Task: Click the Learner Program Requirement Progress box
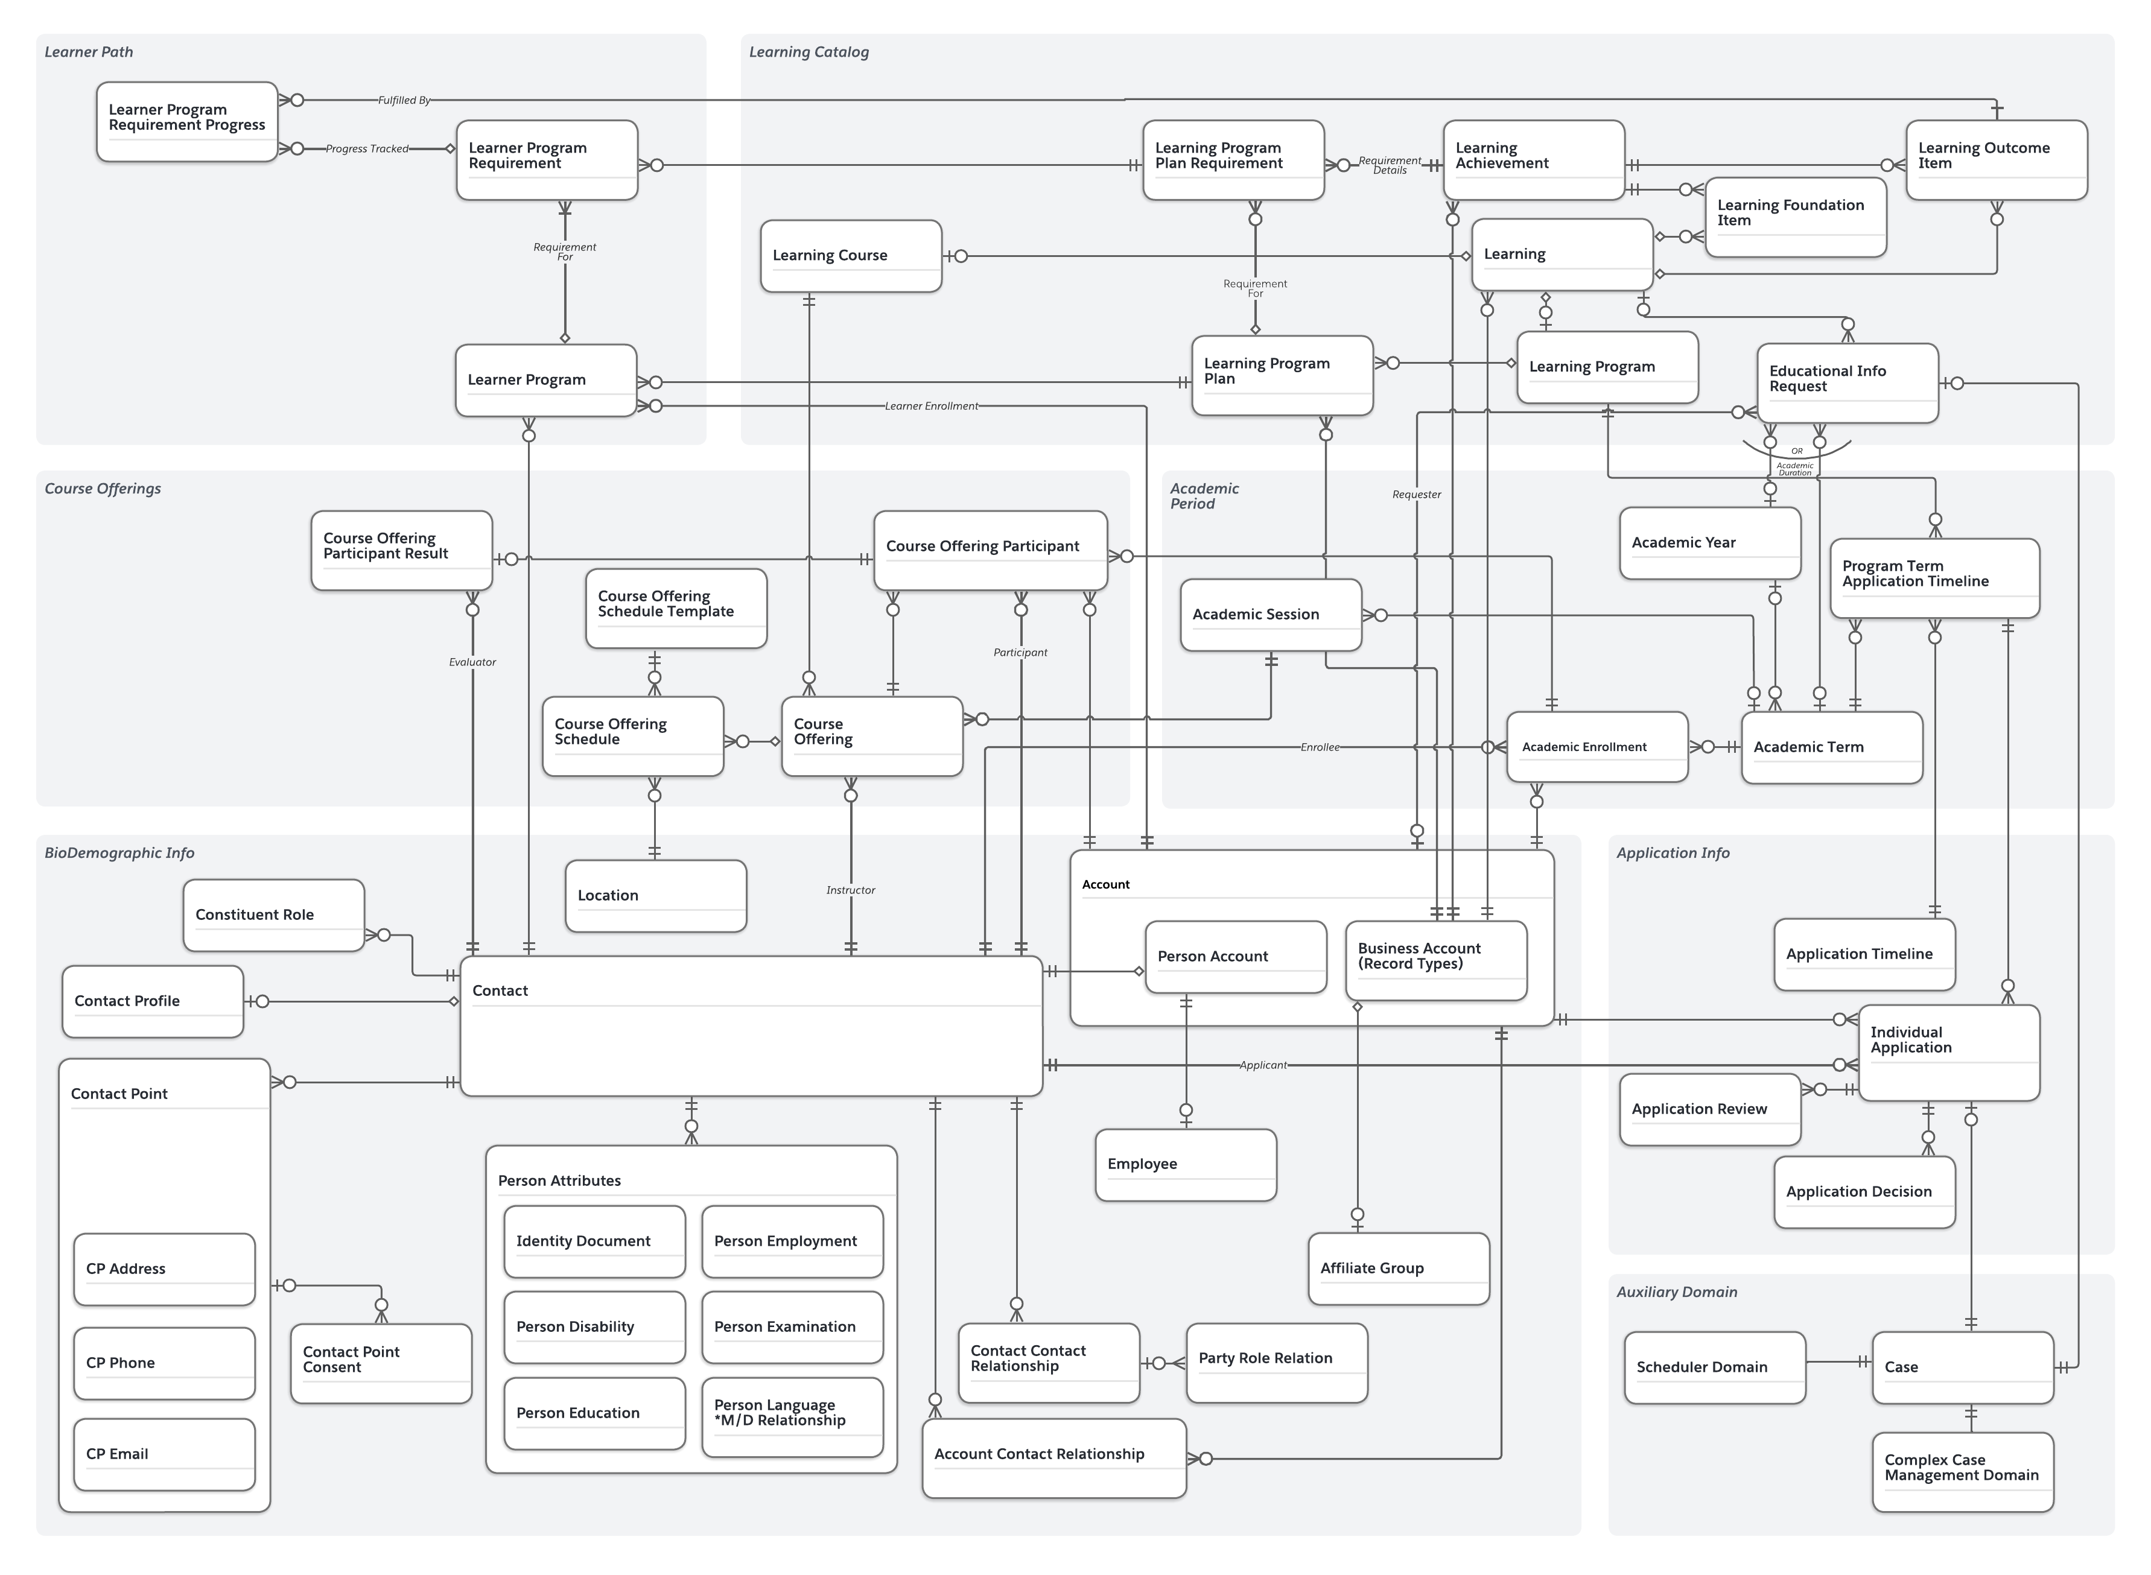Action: coord(187,121)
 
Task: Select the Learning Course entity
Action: coord(851,256)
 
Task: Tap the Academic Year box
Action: coord(1709,542)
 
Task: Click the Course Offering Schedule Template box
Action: coord(675,608)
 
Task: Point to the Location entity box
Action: coord(655,895)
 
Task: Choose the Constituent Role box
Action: coord(274,914)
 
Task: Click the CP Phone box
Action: coord(164,1363)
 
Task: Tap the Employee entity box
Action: coord(1185,1164)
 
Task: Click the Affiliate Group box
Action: coord(1398,1268)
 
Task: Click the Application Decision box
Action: coord(1864,1192)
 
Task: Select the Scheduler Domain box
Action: coord(1714,1367)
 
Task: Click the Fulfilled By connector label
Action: coord(404,100)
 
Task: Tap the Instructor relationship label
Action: coord(851,890)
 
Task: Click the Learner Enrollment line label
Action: coord(930,406)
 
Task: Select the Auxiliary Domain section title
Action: coord(1676,1292)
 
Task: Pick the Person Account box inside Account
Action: coord(1234,956)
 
